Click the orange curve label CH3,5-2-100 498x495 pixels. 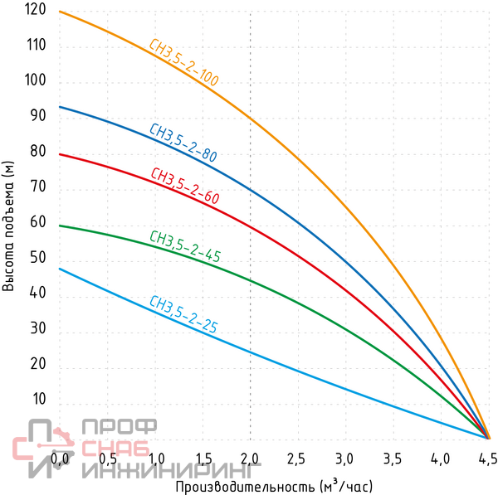click(x=183, y=64)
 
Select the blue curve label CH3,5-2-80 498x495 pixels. click(x=183, y=143)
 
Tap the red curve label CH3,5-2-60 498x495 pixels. click(x=184, y=187)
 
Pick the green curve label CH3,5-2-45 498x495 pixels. click(x=184, y=247)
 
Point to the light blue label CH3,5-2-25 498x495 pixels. click(x=183, y=315)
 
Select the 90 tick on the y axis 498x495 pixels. click(x=37, y=117)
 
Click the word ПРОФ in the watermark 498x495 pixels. click(x=119, y=428)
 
